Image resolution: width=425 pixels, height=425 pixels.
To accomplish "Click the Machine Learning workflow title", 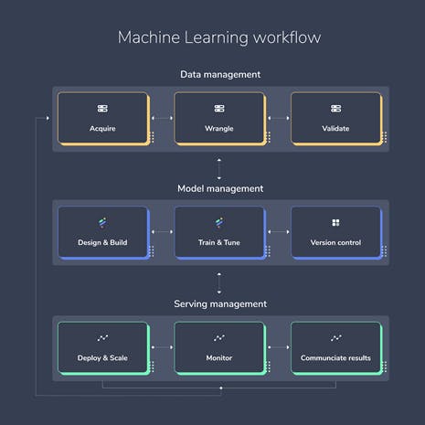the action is [219, 37].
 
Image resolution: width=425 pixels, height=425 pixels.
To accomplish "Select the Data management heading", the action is [220, 74].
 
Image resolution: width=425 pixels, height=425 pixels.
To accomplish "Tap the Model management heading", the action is [220, 188].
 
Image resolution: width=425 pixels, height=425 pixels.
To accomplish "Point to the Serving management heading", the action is [220, 303].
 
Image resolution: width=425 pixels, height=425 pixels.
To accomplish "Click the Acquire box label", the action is [102, 129].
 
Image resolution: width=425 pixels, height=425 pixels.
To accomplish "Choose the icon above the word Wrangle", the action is [219, 109].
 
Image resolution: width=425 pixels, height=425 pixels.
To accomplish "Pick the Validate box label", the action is [335, 128].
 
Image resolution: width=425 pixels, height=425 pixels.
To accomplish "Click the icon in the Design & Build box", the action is [102, 223].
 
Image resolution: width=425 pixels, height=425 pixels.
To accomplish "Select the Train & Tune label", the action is [219, 242].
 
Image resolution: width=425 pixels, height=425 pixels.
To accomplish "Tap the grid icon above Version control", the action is [335, 223].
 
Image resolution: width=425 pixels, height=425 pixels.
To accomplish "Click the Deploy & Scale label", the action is [102, 358].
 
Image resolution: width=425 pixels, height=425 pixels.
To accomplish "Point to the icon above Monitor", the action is [219, 338].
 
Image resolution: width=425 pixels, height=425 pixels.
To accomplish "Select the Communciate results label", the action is [335, 358].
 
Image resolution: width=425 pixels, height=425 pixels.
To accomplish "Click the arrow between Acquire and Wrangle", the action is [162, 118].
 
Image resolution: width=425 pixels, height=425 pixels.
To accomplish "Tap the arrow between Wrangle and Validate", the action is [279, 118].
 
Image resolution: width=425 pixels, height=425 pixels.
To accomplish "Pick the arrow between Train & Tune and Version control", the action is [279, 232].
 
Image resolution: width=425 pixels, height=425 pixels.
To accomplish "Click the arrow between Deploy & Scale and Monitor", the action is [162, 347].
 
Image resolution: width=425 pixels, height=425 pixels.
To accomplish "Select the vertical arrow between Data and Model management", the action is [219, 168].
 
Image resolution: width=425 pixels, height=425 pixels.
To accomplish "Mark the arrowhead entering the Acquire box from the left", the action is [48, 118].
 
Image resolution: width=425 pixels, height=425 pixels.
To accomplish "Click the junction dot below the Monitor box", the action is [221, 388].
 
